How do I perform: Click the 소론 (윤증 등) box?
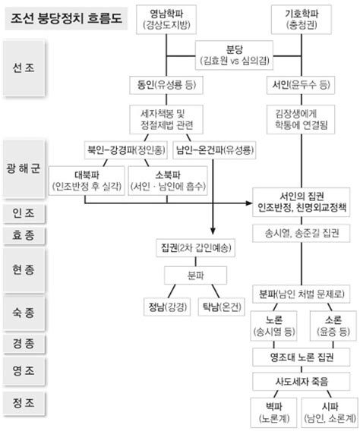[x=328, y=324]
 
